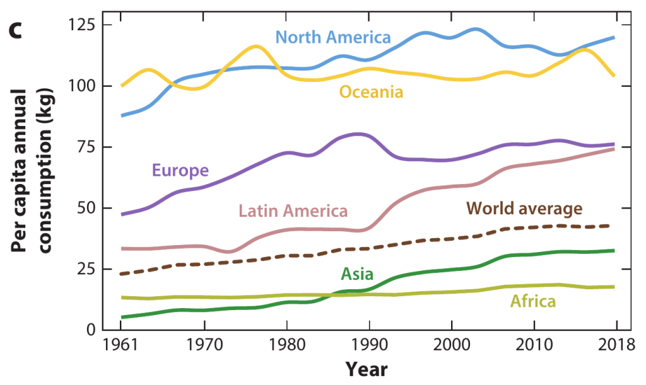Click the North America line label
(x=333, y=37)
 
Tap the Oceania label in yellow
(x=371, y=92)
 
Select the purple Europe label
(x=180, y=170)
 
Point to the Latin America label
(x=293, y=210)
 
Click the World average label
(x=524, y=208)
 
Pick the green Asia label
(x=357, y=274)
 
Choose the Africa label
(x=533, y=302)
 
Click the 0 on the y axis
(x=91, y=330)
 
